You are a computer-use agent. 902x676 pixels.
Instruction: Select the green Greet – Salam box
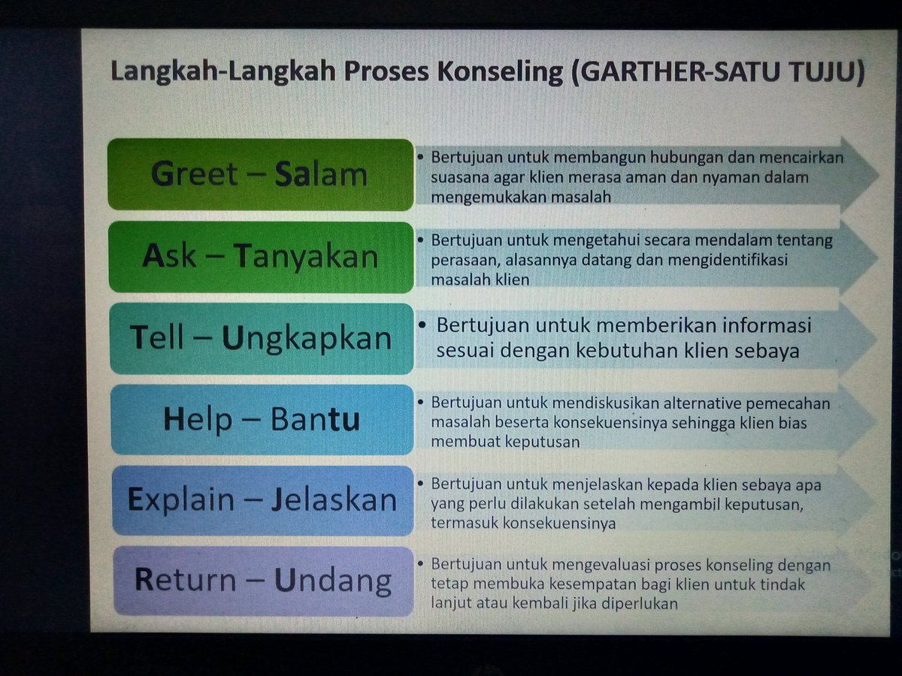click(260, 174)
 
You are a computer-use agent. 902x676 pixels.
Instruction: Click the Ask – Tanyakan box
click(260, 257)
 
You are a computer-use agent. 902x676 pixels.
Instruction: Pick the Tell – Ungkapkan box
click(260, 338)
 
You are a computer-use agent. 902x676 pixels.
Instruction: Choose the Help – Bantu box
click(260, 419)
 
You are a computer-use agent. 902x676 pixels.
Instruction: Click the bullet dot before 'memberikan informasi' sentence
click(423, 324)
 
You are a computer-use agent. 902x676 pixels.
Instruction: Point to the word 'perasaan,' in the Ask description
click(458, 260)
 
